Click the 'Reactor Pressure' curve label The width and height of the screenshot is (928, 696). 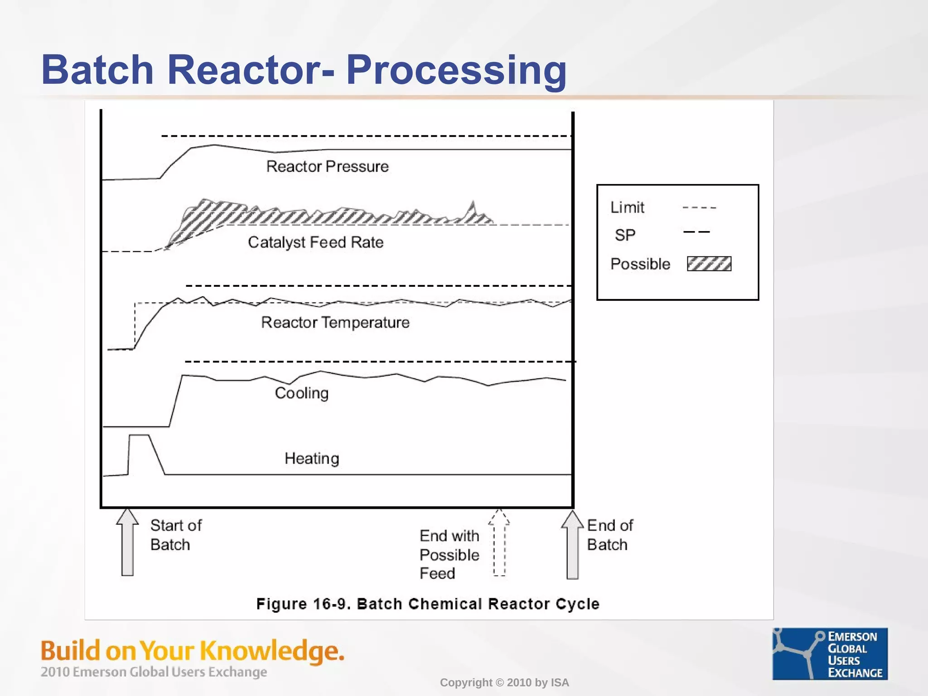point(327,166)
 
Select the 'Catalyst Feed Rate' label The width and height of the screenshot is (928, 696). point(315,242)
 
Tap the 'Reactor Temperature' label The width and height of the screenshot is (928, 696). point(335,322)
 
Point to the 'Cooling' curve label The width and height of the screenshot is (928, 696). point(301,393)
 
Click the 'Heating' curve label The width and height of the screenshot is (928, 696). point(312,458)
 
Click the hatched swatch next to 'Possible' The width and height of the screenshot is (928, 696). point(709,264)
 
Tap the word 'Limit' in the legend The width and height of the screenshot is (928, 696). point(627,208)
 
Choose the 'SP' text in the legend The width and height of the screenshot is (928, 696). point(625,235)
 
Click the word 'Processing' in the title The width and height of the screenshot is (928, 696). point(456,70)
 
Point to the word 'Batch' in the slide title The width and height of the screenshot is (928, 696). point(97,70)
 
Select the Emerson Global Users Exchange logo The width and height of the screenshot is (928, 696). point(830,653)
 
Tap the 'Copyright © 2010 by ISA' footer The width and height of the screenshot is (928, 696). point(504,682)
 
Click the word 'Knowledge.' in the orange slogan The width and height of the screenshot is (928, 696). point(272,651)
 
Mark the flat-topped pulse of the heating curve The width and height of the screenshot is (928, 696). point(139,435)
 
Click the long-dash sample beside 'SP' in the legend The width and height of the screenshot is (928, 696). point(696,232)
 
